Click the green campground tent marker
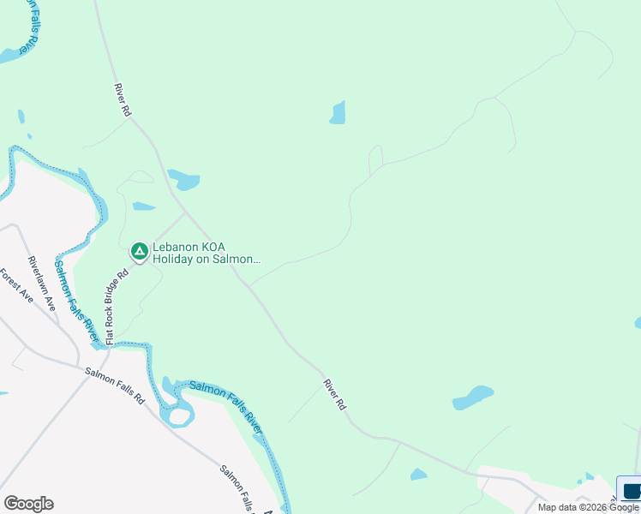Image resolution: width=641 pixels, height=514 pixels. [x=139, y=252]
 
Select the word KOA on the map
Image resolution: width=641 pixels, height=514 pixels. [x=219, y=247]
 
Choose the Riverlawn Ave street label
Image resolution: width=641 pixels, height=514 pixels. [x=41, y=283]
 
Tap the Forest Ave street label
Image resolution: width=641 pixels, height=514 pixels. [x=15, y=290]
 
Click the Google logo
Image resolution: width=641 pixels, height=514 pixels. [x=28, y=504]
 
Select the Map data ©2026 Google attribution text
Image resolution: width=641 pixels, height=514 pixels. [x=588, y=507]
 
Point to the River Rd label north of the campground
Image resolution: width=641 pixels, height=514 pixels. [x=123, y=99]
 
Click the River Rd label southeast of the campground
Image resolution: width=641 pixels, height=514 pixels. [x=334, y=394]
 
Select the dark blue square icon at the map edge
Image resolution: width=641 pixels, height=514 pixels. [x=632, y=492]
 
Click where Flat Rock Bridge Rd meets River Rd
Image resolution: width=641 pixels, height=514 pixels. [x=185, y=212]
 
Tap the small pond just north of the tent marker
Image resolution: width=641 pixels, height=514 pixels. [x=143, y=206]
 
